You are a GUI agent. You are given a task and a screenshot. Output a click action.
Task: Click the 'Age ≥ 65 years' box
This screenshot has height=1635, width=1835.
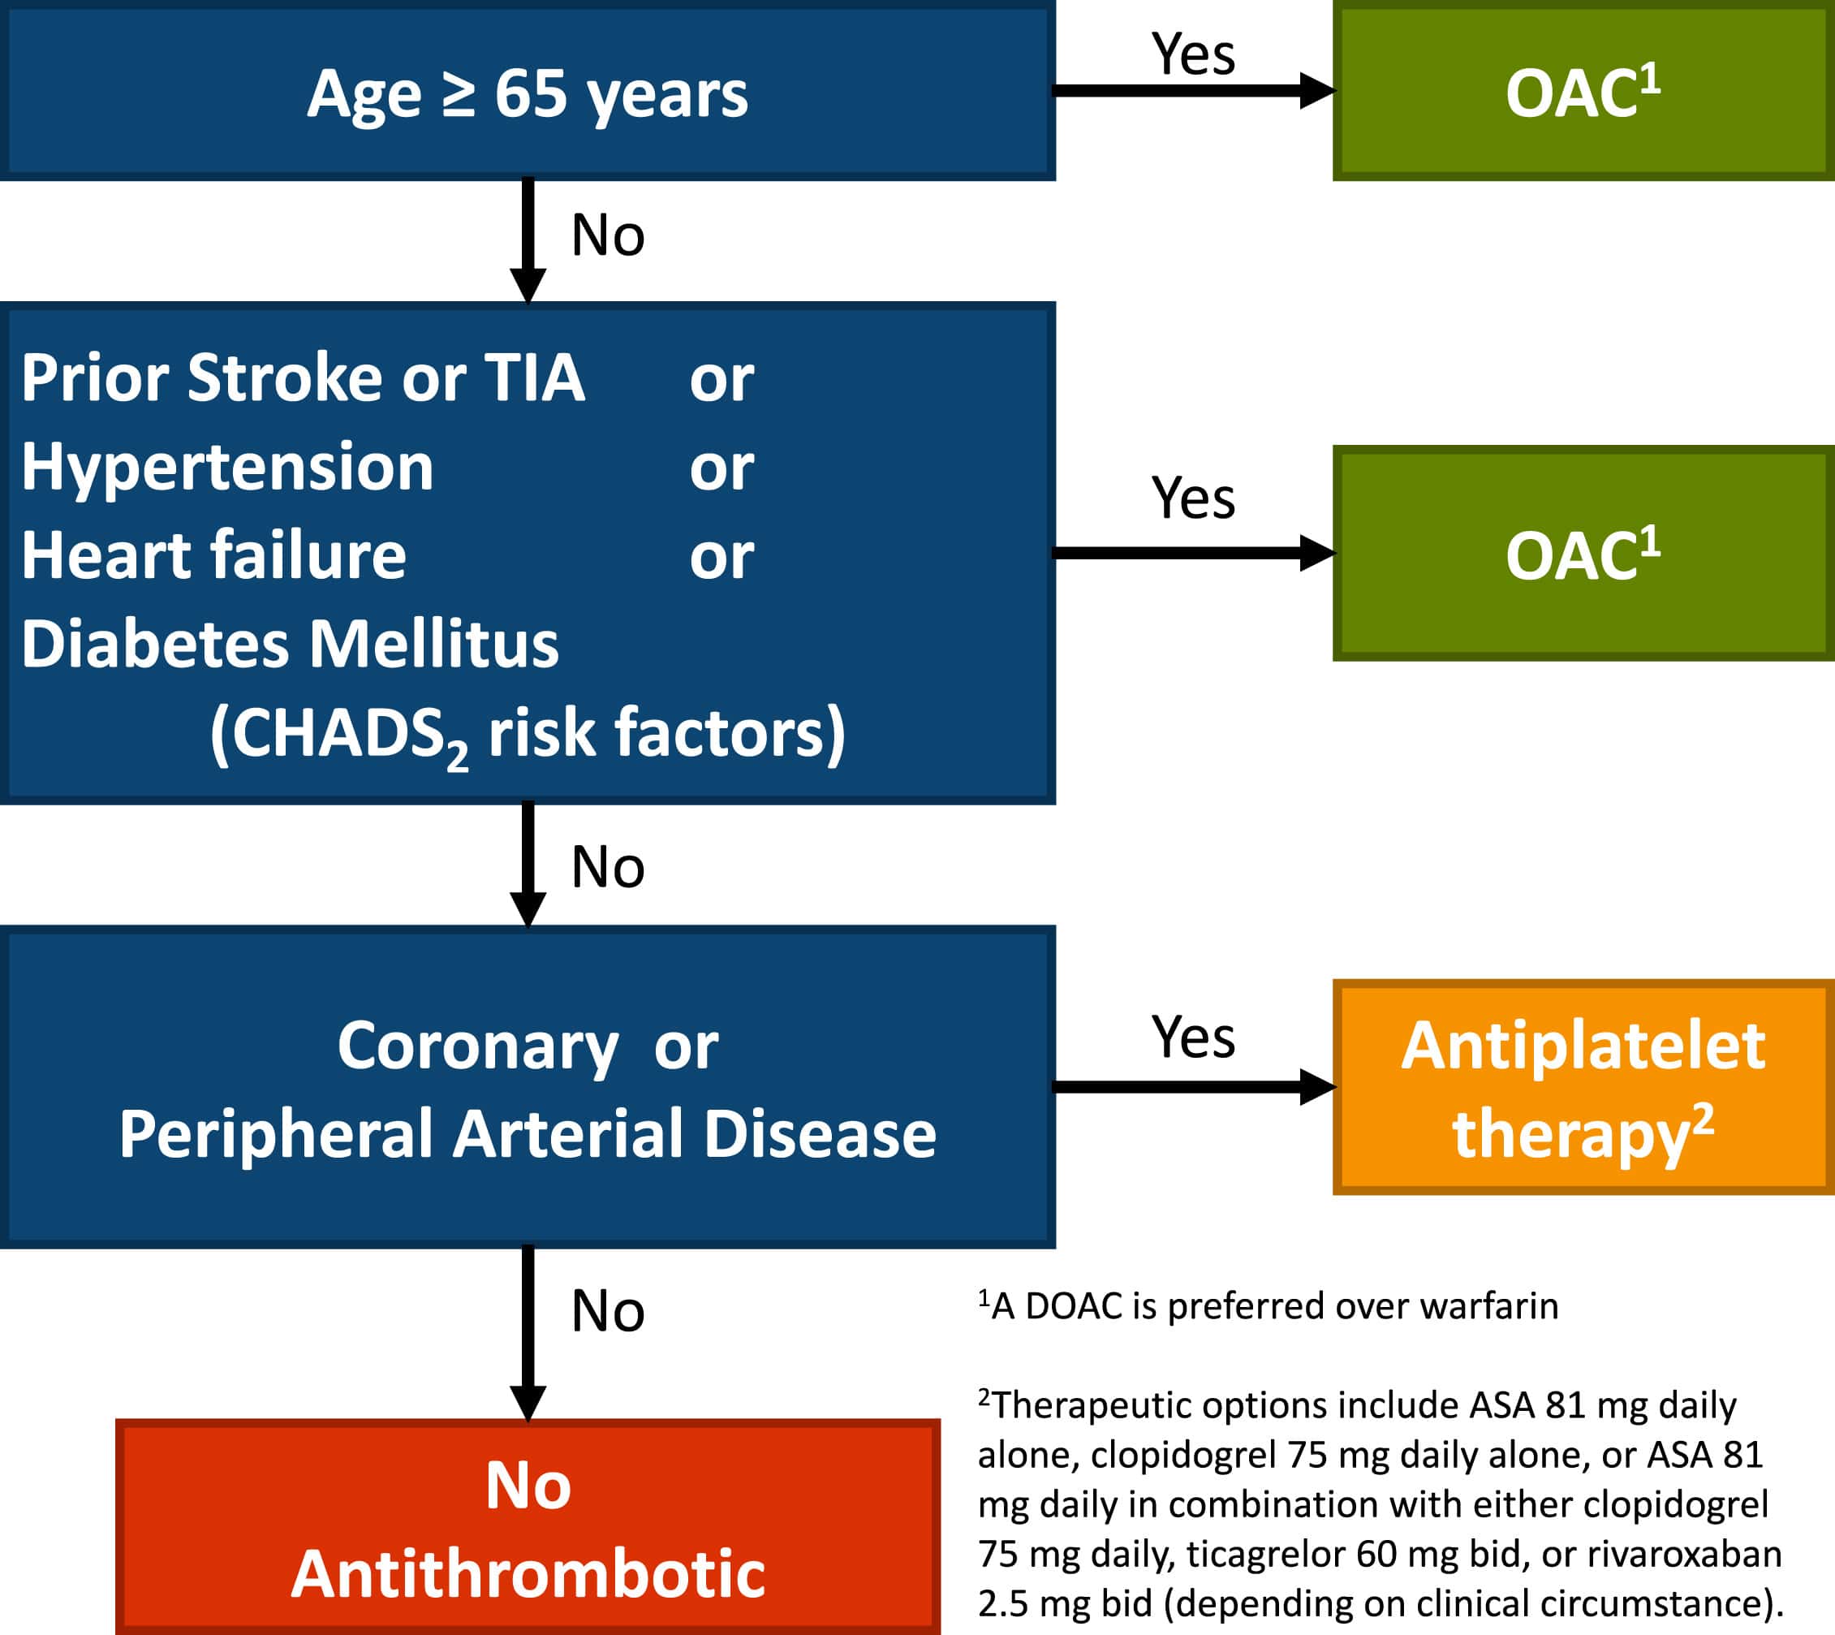click(x=528, y=90)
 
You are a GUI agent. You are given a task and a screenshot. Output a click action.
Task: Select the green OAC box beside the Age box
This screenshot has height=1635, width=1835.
click(x=1583, y=90)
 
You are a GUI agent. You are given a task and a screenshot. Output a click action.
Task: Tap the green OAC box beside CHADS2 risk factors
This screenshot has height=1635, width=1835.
click(x=1583, y=553)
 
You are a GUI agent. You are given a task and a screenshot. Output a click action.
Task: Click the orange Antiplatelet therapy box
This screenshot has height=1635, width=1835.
click(x=1583, y=1087)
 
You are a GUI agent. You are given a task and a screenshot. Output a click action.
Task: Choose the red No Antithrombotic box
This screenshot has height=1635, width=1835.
click(x=528, y=1527)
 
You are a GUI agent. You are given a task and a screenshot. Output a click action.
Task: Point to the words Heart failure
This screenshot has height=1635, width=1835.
click(x=213, y=554)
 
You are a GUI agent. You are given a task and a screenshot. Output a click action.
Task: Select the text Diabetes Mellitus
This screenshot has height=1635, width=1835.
click(x=290, y=643)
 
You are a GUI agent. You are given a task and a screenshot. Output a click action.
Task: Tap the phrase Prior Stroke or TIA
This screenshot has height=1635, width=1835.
click(x=304, y=377)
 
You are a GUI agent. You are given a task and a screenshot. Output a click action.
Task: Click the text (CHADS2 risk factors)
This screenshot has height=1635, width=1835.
click(x=528, y=735)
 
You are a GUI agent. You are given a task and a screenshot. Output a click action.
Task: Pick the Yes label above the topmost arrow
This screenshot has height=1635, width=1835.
click(x=1193, y=54)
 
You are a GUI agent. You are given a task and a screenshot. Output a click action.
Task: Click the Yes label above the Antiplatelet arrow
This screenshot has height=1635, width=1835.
click(x=1193, y=1038)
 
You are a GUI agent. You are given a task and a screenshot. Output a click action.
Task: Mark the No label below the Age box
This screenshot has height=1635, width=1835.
click(x=608, y=235)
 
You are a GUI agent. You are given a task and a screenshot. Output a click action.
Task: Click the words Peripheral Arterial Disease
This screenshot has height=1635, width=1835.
click(x=528, y=1134)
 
